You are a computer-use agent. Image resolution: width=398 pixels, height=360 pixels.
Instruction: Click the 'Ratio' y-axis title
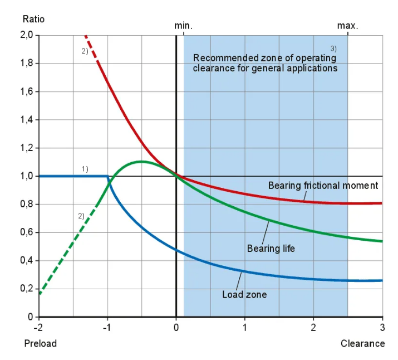pos(33,18)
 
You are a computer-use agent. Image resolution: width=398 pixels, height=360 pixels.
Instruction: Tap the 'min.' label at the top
pos(183,26)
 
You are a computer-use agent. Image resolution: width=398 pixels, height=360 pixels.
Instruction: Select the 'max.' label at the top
pos(348,26)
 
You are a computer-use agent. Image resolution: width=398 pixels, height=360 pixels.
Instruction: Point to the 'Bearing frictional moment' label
pos(323,186)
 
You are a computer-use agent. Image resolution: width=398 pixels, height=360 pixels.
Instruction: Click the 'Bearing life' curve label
pos(271,248)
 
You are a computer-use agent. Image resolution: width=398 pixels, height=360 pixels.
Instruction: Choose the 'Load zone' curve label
pos(244,294)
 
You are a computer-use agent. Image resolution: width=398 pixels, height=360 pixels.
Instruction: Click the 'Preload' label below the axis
pos(41,343)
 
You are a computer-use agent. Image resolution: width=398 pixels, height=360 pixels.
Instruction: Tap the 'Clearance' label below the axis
pos(362,343)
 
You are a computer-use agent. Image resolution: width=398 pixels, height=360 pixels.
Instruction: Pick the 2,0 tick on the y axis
pos(27,35)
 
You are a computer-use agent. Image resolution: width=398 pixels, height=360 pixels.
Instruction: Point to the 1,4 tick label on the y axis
pos(27,120)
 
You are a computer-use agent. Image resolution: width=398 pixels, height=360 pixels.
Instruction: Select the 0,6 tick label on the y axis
pos(27,232)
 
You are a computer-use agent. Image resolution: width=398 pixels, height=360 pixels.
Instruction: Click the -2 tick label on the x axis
pos(38,327)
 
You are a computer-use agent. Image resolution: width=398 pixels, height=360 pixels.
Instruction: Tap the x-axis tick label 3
pos(382,327)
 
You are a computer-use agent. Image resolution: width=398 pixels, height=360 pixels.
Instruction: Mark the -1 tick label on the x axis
pos(107,327)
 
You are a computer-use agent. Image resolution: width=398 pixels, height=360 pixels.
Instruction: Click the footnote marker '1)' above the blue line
pos(85,168)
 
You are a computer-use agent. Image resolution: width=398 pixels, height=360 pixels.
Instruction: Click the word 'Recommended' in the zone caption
pos(220,58)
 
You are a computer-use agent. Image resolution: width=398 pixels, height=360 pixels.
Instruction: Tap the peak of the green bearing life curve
pos(141,162)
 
